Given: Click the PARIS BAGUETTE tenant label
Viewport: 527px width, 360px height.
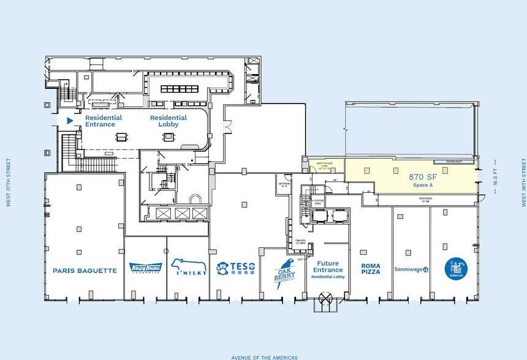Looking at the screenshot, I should click(x=85, y=270).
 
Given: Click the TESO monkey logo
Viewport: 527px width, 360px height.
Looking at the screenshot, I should click(x=235, y=268).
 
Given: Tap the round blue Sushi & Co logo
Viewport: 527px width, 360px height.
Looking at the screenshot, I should click(x=455, y=268).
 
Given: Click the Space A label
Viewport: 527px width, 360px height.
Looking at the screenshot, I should click(x=421, y=184).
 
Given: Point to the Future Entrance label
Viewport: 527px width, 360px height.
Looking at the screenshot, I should click(x=328, y=266).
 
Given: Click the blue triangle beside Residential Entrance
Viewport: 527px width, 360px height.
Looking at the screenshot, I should click(x=70, y=121).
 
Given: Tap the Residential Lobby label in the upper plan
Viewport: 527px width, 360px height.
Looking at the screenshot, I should click(x=169, y=121).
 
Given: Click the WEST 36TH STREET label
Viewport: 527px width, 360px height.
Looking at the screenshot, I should click(x=523, y=182).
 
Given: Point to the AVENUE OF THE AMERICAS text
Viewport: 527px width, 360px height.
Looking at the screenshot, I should click(x=264, y=357).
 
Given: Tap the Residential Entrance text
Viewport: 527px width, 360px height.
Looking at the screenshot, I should click(x=103, y=121).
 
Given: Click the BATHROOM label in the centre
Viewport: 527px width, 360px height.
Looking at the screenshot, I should click(x=284, y=184).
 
